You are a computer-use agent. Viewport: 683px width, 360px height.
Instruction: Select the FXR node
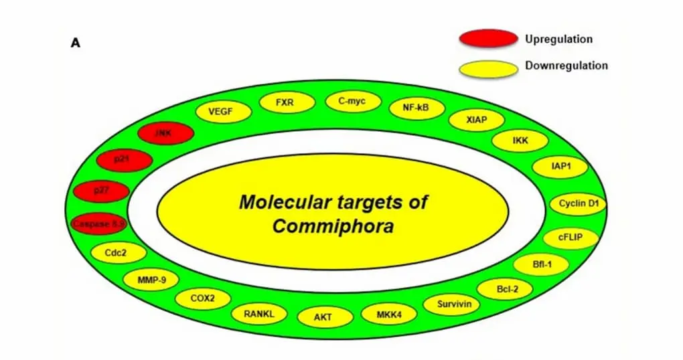point(285,103)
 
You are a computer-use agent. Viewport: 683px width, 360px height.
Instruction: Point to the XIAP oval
point(477,120)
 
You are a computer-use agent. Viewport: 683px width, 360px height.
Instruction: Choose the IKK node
point(520,141)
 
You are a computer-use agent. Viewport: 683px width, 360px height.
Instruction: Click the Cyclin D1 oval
point(578,204)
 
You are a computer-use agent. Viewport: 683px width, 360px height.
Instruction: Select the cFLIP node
point(571,237)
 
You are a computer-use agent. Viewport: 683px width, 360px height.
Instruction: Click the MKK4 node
point(389,314)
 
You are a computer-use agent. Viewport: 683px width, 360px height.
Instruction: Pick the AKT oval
point(323,317)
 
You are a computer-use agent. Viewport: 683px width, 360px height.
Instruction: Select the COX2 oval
point(203,299)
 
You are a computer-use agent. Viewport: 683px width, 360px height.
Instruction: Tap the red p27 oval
point(102,191)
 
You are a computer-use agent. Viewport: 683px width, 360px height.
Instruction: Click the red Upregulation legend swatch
point(487,39)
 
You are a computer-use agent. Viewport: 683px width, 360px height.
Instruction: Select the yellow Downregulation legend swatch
point(487,68)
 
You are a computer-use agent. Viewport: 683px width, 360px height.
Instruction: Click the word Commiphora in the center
point(332,226)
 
